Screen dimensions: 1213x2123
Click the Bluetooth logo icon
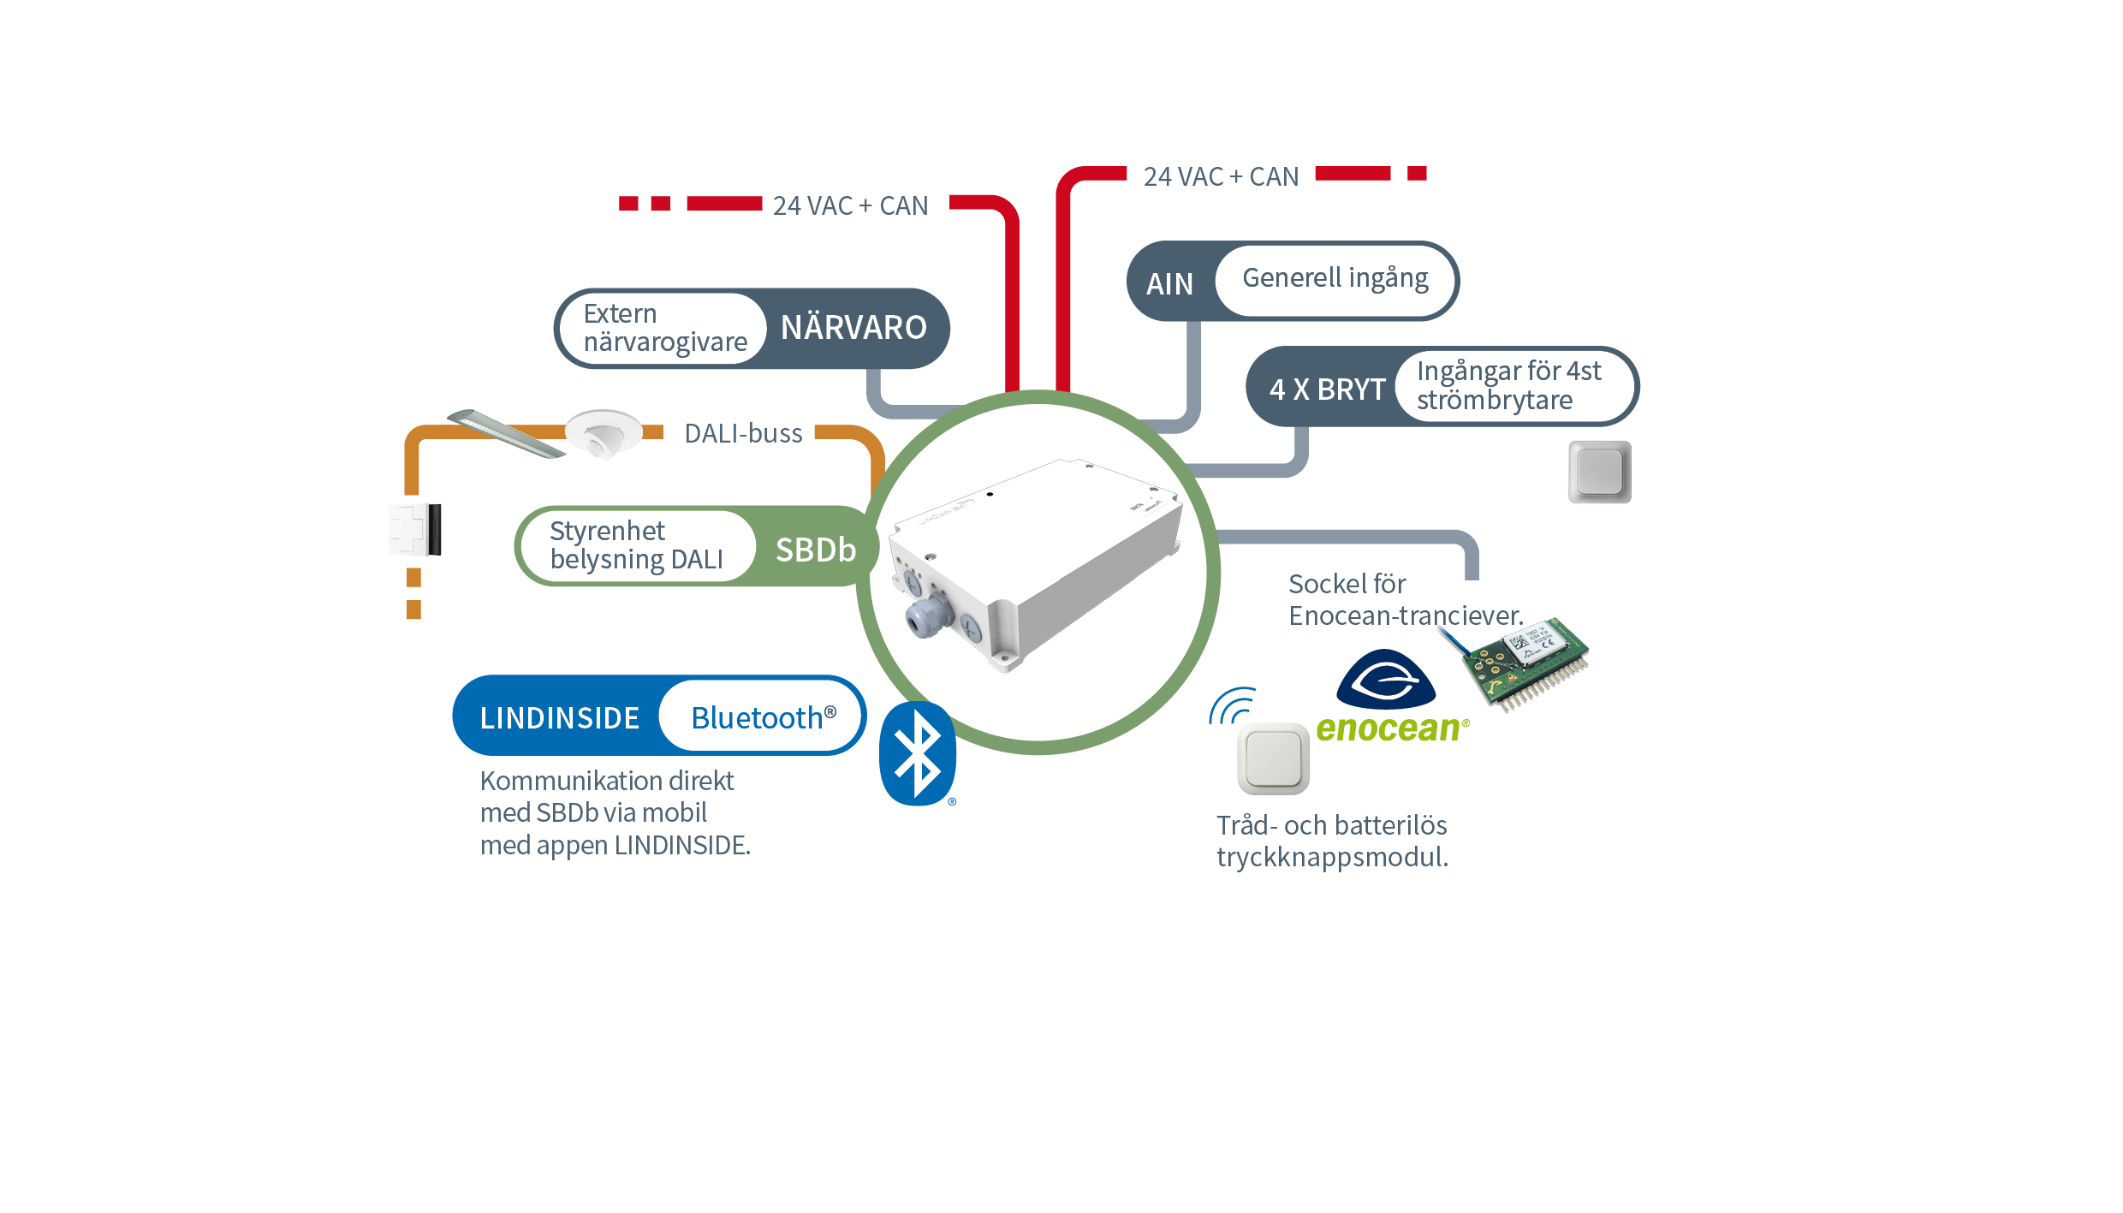(x=917, y=753)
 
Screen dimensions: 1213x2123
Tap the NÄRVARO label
(x=853, y=328)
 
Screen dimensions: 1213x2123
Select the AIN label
(x=1169, y=283)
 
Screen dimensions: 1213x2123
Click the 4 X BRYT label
(x=1327, y=389)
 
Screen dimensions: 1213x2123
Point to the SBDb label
(x=815, y=550)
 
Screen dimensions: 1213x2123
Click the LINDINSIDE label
(x=559, y=717)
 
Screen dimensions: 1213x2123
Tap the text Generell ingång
(x=1335, y=278)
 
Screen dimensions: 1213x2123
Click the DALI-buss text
(x=743, y=434)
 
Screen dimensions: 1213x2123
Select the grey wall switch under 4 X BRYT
(x=1599, y=472)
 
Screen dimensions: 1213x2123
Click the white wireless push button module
(x=1273, y=758)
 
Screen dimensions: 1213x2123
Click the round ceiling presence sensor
(x=604, y=433)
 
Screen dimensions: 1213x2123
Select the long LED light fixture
(x=506, y=432)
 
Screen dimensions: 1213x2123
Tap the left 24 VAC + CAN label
(x=850, y=206)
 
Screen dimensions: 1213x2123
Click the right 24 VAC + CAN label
(x=1221, y=177)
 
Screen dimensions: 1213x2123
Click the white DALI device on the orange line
(x=416, y=529)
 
